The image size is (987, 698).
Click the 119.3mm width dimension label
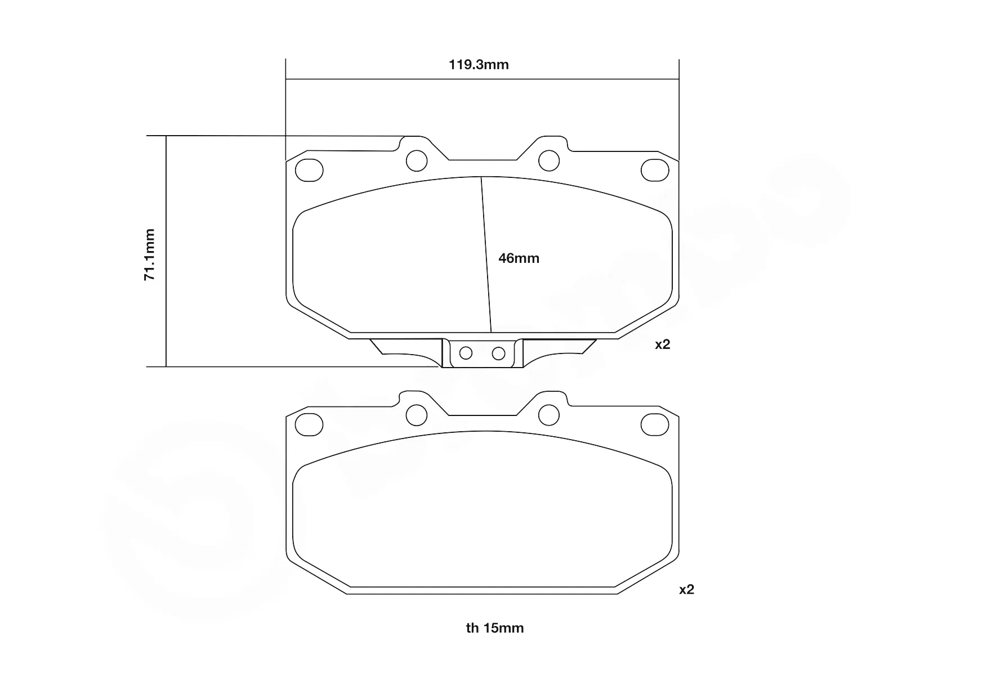click(x=479, y=65)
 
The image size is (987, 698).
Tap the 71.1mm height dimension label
click(x=149, y=254)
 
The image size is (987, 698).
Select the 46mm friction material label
click(x=519, y=258)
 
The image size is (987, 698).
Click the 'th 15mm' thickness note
click(x=495, y=628)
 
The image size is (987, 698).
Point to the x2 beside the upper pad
click(x=663, y=344)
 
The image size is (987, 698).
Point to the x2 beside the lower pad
click(x=686, y=590)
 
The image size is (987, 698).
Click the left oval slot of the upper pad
click(x=309, y=171)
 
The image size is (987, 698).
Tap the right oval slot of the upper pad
click(x=655, y=171)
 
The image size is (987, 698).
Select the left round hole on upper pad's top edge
click(x=417, y=160)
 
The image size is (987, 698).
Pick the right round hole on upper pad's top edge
click(x=549, y=160)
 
